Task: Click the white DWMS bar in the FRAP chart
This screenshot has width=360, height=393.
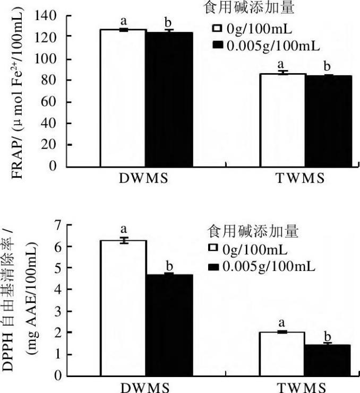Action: (x=123, y=98)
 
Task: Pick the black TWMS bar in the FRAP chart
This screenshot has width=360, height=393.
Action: (x=328, y=121)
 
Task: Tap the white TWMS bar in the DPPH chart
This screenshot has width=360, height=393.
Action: (x=282, y=353)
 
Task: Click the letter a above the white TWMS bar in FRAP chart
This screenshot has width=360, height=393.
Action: (x=282, y=64)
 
